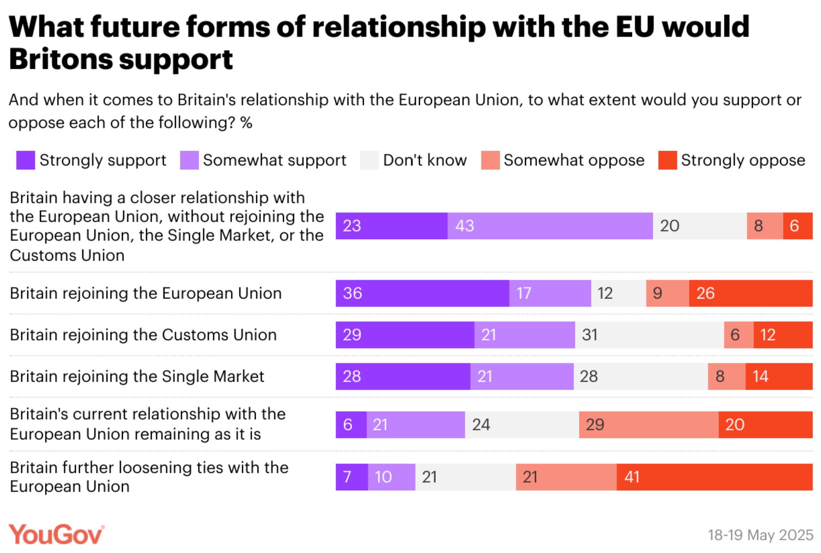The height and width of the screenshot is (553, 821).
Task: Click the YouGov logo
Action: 56,534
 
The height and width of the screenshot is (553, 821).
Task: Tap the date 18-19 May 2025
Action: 760,535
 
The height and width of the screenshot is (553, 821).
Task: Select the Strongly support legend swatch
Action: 25,160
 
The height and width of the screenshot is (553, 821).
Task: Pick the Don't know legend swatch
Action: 369,160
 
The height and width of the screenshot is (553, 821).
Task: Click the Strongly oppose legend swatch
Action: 667,160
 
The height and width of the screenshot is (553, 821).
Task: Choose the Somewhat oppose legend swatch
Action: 490,160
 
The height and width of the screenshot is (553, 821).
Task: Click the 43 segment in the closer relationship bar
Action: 550,226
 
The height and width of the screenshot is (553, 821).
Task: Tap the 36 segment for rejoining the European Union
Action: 422,293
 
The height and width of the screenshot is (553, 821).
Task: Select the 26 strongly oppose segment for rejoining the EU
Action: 750,293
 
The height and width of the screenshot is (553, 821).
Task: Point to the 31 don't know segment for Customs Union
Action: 649,335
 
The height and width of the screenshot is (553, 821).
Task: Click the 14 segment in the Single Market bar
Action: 779,376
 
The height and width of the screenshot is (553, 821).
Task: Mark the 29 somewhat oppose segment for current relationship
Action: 649,425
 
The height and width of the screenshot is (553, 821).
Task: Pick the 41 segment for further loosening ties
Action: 714,477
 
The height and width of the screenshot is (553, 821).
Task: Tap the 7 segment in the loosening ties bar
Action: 351,477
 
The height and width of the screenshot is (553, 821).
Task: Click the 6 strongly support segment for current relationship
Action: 351,425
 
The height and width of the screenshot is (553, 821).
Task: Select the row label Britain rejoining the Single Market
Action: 137,376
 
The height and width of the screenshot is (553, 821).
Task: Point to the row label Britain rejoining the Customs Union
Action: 143,335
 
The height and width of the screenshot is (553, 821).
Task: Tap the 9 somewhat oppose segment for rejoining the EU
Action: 667,293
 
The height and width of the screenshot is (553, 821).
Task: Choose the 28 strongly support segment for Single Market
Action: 403,376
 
